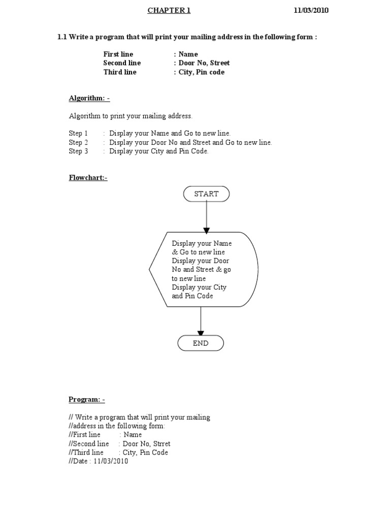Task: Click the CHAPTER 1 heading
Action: click(x=169, y=11)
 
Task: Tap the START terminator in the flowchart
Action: click(x=206, y=194)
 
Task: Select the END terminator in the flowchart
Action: click(x=201, y=343)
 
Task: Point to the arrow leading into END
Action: click(x=201, y=321)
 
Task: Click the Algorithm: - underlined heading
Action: click(x=89, y=98)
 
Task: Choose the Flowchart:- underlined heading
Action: click(x=88, y=178)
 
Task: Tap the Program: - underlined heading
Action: click(x=87, y=400)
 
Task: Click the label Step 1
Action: click(x=78, y=133)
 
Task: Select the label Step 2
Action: click(x=78, y=142)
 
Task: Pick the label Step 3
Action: click(x=78, y=151)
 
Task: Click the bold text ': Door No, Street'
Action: click(x=202, y=63)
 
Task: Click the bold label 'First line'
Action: click(x=118, y=54)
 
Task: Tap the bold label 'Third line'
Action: click(x=120, y=72)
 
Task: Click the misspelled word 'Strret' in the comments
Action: click(x=161, y=444)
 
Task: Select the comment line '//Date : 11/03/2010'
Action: click(x=99, y=462)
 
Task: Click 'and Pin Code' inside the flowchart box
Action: click(x=192, y=296)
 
